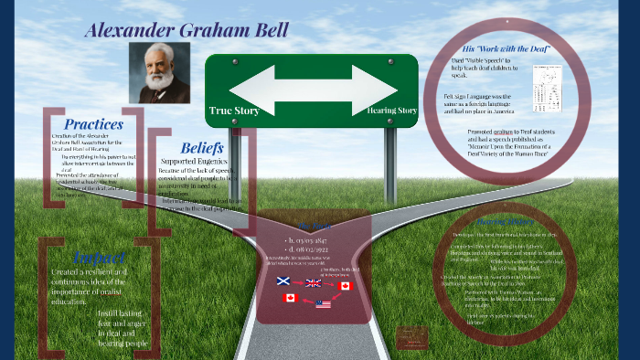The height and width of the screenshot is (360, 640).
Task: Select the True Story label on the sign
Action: coord(234,111)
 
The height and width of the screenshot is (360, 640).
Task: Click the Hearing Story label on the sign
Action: coord(392,111)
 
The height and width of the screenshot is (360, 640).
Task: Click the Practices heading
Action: coord(93,123)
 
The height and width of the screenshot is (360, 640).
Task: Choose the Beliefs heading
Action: coord(202,147)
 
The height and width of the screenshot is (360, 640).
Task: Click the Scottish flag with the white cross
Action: coord(284,282)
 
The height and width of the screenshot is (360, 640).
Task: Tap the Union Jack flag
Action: coord(313,283)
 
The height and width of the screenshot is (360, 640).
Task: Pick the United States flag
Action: coord(324,303)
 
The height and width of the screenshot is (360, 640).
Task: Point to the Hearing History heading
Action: coord(499,222)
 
